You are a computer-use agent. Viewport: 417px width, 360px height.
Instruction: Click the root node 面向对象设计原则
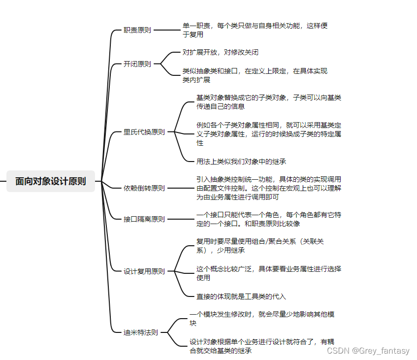(51, 181)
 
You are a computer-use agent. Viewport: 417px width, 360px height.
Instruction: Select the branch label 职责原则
(137, 30)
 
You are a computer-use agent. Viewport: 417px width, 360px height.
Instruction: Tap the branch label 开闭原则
(137, 64)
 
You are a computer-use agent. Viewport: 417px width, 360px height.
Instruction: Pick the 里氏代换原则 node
(144, 132)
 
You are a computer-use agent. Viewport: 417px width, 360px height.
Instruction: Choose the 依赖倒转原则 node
(144, 188)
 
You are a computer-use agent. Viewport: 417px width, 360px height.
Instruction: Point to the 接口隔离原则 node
(144, 219)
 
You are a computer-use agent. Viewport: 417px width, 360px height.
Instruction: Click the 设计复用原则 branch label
(144, 271)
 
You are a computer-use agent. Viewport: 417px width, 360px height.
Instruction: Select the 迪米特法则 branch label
(141, 332)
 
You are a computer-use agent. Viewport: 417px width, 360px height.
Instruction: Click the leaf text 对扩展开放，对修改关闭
(220, 52)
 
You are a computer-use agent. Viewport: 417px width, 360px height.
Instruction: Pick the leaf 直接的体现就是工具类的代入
(241, 296)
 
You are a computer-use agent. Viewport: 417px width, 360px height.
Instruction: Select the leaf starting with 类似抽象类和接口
(255, 75)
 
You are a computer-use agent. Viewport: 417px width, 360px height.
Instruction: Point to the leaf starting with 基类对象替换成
(268, 101)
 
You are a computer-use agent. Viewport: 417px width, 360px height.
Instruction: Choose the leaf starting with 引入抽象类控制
(268, 188)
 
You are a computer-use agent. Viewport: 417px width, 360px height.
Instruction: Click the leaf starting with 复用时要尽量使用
(259, 245)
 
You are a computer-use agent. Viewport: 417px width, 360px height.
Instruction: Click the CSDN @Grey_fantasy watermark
(368, 351)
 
